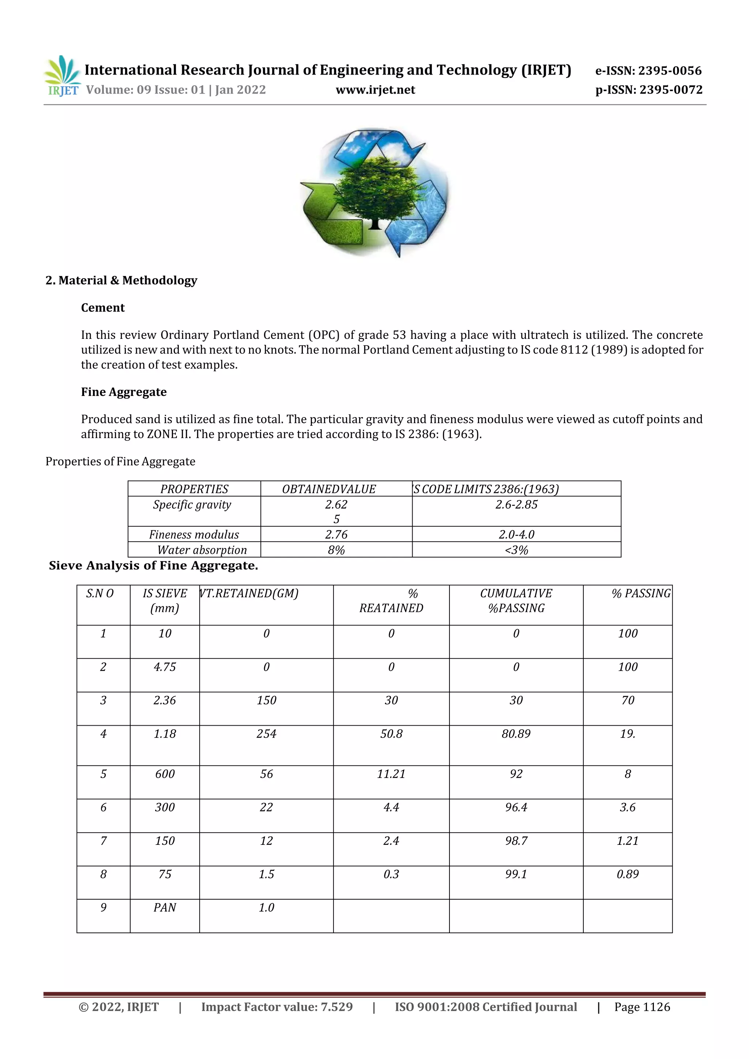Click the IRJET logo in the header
(x=62, y=76)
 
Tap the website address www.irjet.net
(x=375, y=90)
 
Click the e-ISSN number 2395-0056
(x=648, y=71)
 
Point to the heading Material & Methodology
(x=121, y=280)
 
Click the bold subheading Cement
(x=103, y=308)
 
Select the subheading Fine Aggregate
(x=124, y=392)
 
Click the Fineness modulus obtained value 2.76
(x=336, y=534)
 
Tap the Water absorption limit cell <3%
(x=516, y=550)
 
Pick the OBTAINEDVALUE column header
(x=328, y=489)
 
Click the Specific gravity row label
(x=192, y=504)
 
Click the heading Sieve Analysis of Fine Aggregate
(x=153, y=566)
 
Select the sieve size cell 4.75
(x=165, y=667)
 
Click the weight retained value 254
(x=266, y=734)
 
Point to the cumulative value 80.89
(x=516, y=734)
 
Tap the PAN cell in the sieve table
(x=165, y=908)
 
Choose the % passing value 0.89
(x=628, y=874)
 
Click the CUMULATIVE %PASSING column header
(x=516, y=601)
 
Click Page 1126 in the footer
(x=642, y=1007)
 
